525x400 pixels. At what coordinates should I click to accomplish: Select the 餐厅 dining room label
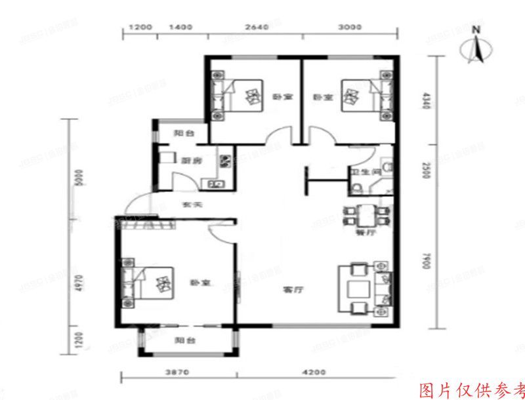(363, 233)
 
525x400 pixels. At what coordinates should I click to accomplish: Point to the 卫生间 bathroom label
(365, 172)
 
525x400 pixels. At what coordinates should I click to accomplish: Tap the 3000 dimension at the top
(350, 27)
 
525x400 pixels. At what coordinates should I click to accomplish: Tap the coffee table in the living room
(358, 289)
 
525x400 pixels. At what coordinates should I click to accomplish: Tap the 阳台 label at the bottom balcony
(184, 341)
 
